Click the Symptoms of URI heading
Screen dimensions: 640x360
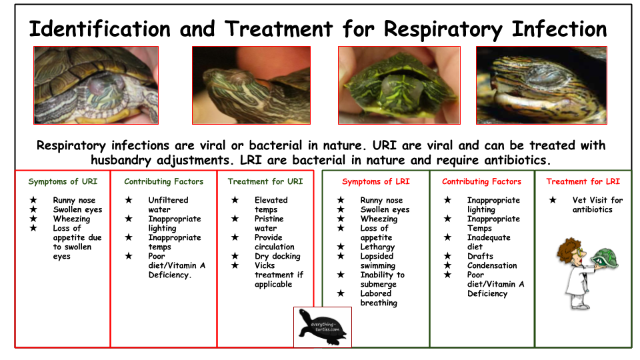tap(63, 181)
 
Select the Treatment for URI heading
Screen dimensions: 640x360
tap(265, 181)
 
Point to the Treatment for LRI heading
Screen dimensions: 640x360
tap(583, 181)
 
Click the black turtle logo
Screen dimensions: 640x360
tap(323, 327)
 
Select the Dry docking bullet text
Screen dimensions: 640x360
tap(277, 256)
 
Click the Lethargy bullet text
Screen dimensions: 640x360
tap(377, 247)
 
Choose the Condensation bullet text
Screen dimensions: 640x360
tap(492, 265)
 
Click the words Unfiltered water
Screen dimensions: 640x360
tap(168, 205)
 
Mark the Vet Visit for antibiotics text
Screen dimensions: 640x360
tap(597, 205)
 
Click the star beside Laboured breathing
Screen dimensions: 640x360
tap(341, 293)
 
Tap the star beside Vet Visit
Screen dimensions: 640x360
tap(553, 199)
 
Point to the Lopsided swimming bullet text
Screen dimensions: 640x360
tap(377, 261)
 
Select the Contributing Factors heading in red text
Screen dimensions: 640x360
tap(481, 181)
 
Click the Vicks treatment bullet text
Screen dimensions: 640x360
tap(279, 275)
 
